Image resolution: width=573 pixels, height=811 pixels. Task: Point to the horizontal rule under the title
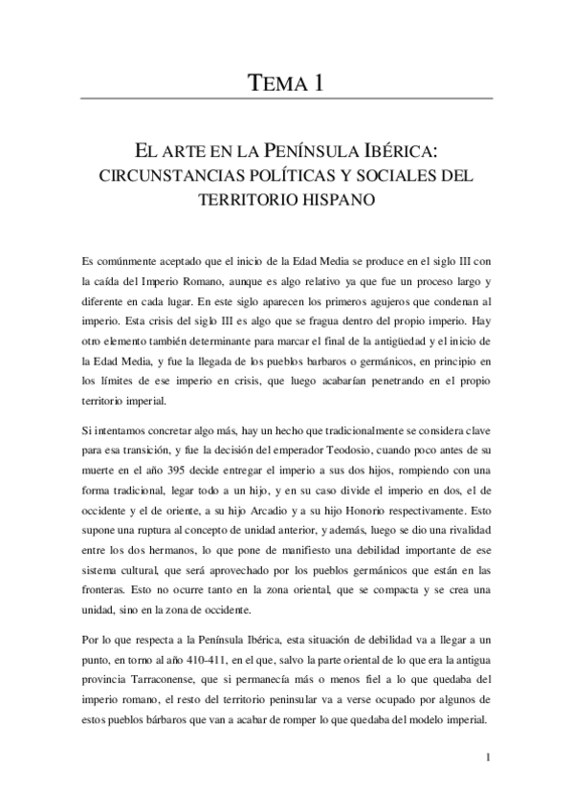point(286,99)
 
